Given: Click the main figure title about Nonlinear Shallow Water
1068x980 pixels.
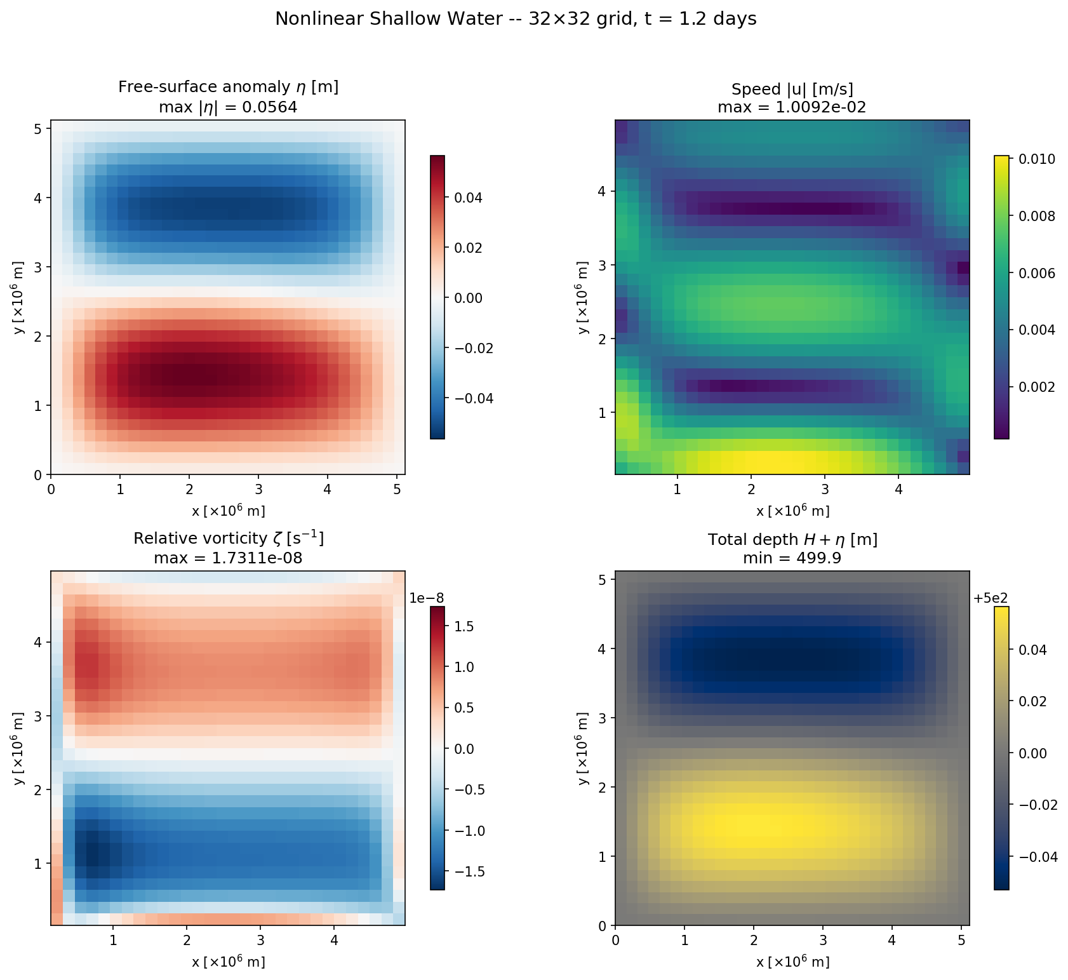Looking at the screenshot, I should (516, 19).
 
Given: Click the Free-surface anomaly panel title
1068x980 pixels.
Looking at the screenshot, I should (228, 87).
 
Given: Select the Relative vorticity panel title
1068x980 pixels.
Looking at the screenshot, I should (228, 539).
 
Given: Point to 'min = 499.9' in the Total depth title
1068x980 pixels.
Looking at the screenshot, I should (792, 558).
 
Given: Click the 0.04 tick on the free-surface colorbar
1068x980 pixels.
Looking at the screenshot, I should (467, 198).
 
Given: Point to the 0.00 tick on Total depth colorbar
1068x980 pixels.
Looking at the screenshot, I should (1032, 753).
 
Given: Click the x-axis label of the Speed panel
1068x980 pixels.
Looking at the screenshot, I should (792, 511).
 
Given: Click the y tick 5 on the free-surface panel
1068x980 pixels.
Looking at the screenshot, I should (38, 129).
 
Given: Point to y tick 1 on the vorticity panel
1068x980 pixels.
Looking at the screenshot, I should (38, 864).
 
